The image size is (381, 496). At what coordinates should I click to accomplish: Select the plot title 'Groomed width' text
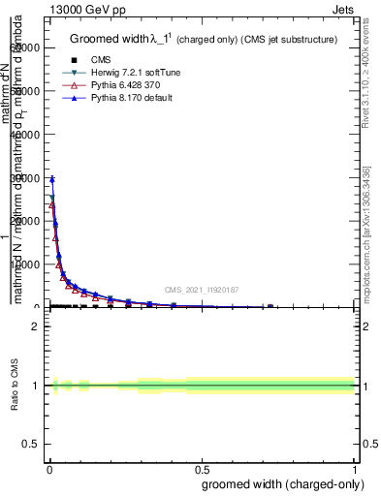point(107,39)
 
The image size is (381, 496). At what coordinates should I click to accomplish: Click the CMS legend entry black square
point(74,60)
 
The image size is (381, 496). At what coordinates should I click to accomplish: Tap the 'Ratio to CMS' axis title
point(15,386)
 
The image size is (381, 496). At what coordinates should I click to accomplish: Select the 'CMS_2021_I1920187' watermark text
point(202,290)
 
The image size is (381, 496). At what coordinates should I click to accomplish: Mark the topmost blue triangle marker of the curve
point(52,179)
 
